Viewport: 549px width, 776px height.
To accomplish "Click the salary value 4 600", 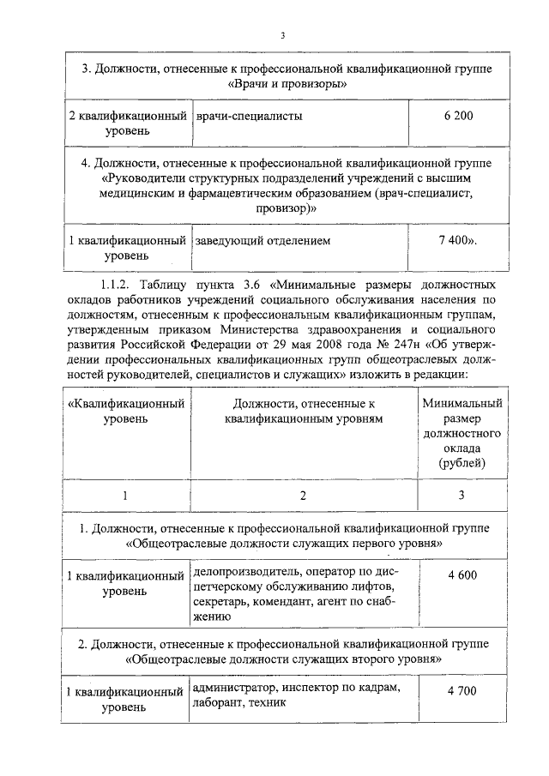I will pos(461,574).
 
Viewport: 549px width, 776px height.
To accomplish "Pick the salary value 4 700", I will pos(461,690).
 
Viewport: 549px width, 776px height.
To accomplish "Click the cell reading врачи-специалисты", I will pos(249,116).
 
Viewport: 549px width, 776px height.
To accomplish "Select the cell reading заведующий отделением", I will pos(262,241).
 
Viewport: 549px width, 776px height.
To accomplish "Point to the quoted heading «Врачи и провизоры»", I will pos(287,84).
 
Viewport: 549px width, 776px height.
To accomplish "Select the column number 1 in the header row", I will pos(125,495).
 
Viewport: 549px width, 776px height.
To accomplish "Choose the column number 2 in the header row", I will pos(301,495).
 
